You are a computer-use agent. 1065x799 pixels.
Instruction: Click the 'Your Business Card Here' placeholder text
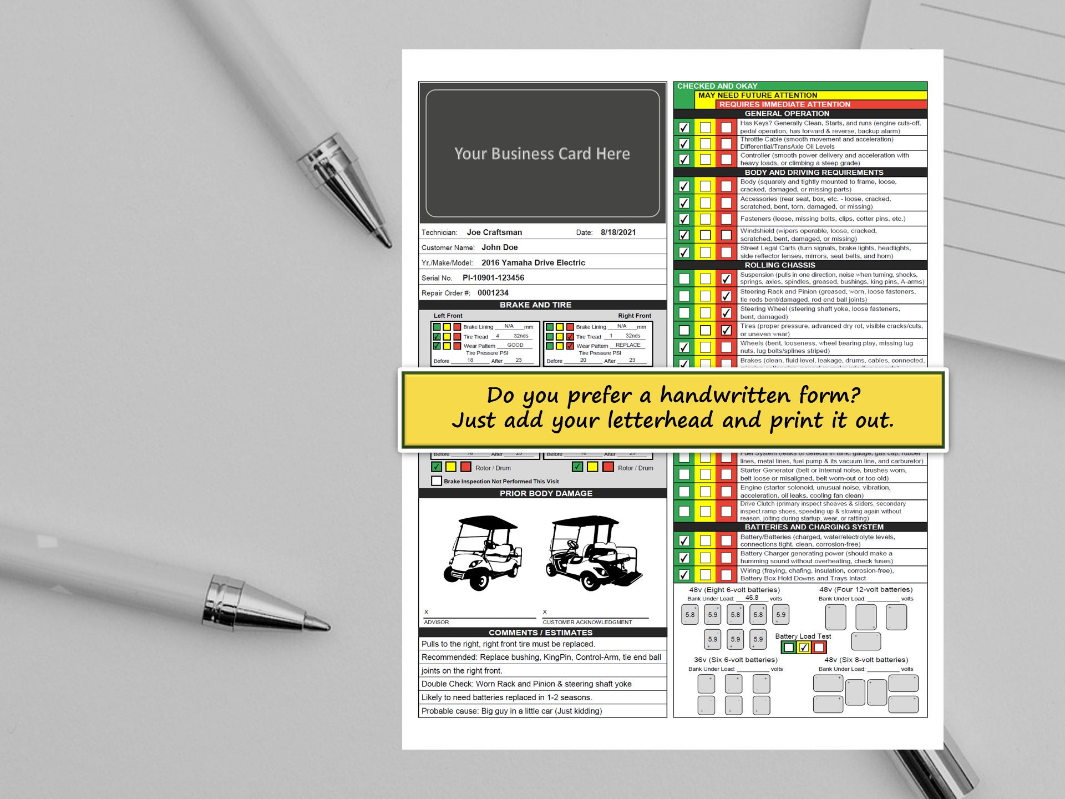542,154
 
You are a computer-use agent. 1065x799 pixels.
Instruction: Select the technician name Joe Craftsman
494,232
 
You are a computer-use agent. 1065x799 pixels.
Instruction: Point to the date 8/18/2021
618,232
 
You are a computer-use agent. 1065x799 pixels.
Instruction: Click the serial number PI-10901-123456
493,278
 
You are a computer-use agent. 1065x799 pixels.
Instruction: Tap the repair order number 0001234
493,293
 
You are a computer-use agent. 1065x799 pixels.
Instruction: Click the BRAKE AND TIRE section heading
535,305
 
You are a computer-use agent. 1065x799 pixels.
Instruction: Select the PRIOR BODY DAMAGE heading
546,493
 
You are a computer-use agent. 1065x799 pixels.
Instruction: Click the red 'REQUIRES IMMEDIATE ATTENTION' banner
784,104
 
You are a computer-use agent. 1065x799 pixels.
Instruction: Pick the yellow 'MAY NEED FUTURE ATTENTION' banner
757,95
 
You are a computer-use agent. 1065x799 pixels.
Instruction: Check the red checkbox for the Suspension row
726,279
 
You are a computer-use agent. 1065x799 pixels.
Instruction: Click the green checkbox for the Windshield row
684,235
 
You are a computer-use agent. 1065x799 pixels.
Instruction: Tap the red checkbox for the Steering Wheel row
726,313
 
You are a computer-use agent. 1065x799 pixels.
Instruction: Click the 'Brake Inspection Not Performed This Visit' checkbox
437,481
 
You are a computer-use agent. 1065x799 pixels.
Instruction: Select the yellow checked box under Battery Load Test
804,647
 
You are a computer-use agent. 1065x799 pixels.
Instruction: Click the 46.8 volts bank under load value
752,598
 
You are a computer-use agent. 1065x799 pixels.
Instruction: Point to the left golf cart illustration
482,553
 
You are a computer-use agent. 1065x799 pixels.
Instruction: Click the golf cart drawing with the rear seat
592,553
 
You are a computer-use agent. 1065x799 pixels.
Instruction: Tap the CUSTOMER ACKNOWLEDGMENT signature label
587,622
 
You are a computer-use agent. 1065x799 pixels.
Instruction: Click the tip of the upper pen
389,245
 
